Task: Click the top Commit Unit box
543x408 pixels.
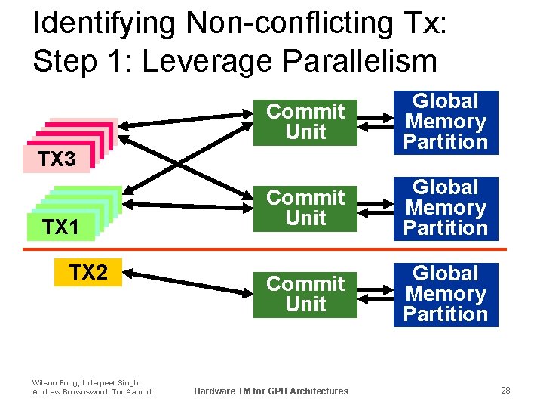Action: point(305,122)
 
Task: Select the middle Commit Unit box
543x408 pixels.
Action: point(305,208)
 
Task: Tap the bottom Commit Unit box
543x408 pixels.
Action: point(305,294)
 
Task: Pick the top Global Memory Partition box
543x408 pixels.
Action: point(446,122)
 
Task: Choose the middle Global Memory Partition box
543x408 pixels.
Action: point(446,208)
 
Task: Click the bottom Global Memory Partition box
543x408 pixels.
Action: point(446,294)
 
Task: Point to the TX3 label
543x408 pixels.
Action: point(57,159)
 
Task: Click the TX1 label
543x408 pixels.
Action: point(60,226)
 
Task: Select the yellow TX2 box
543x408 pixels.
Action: point(88,273)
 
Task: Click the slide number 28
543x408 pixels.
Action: point(505,390)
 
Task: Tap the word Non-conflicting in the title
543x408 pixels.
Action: point(271,23)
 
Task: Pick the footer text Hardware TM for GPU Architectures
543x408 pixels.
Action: point(271,391)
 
